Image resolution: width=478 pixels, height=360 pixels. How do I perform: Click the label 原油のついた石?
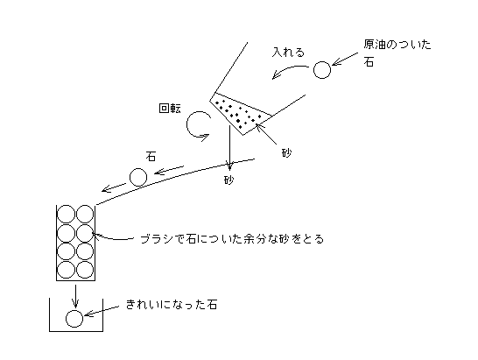tap(397, 53)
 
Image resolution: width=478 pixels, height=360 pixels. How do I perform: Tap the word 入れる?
tap(288, 53)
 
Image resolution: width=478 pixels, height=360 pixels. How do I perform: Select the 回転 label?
tap(170, 109)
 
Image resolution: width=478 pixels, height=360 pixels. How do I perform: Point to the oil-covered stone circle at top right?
tap(322, 70)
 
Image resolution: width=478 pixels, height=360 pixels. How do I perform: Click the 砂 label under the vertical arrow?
tap(229, 180)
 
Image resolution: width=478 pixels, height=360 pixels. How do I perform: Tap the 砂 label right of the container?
tap(286, 152)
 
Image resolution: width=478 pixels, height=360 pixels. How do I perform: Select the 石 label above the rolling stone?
tap(151, 157)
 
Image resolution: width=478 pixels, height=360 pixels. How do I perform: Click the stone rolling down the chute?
tap(138, 177)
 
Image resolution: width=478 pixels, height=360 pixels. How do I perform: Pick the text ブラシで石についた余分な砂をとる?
tap(232, 239)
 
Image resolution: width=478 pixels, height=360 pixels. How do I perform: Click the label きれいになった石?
tap(172, 305)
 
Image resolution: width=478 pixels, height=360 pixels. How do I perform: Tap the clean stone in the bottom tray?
tap(74, 319)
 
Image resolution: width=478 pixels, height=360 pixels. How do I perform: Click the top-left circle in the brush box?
tap(67, 214)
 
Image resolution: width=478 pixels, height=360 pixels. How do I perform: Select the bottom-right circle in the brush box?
tap(85, 270)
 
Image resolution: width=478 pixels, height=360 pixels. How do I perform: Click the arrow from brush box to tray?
tap(75, 296)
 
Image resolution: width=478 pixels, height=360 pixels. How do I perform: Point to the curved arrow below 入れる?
tap(288, 69)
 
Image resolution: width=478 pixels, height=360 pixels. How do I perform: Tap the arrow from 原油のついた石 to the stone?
tap(345, 59)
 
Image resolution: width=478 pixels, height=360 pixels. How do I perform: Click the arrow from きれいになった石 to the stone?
tap(102, 311)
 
